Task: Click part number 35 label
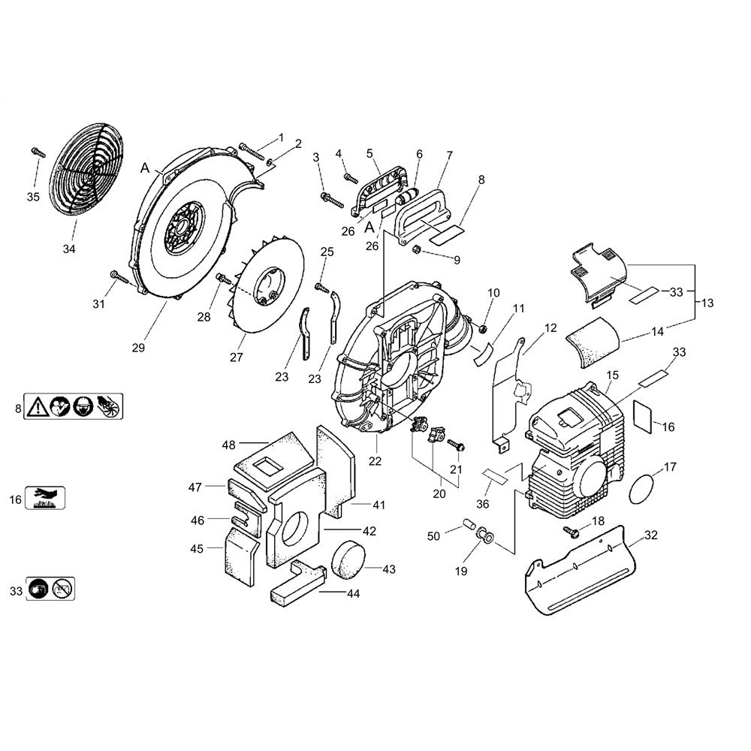point(33,197)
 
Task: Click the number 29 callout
point(138,348)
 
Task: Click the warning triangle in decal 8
point(36,406)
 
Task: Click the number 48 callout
point(229,445)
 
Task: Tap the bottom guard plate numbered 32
point(581,569)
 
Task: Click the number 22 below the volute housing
point(375,461)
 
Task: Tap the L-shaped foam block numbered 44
point(297,584)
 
